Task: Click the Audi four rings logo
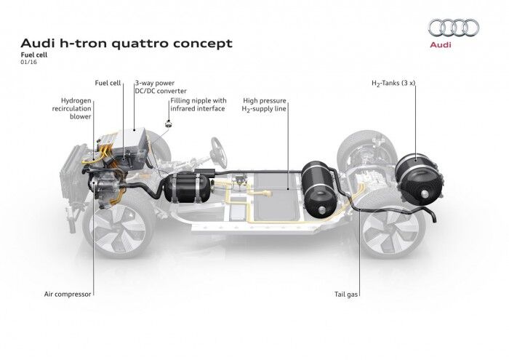click(453, 28)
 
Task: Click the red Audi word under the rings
click(441, 44)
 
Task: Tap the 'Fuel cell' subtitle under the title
click(35, 55)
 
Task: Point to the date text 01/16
click(27, 63)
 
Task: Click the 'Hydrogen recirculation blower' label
click(71, 107)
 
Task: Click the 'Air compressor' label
click(67, 295)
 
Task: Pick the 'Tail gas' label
click(348, 295)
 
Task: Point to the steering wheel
click(218, 152)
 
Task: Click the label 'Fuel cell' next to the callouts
click(108, 84)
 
